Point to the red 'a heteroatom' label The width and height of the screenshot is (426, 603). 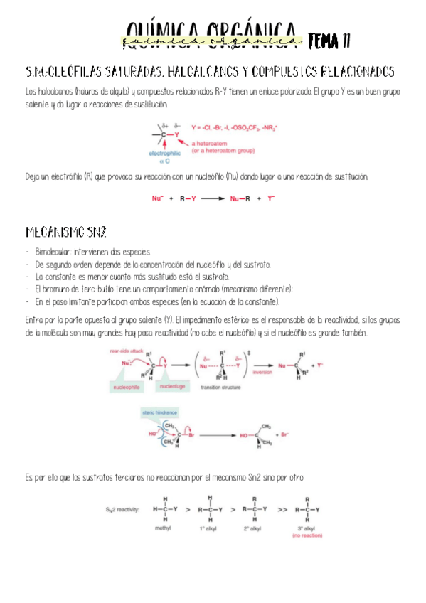click(213, 143)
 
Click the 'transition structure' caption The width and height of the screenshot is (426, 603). click(220, 388)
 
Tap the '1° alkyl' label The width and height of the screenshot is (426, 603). click(209, 529)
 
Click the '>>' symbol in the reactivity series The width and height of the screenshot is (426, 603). click(282, 510)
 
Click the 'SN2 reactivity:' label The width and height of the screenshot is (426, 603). click(124, 510)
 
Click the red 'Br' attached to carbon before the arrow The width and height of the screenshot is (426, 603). click(191, 432)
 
